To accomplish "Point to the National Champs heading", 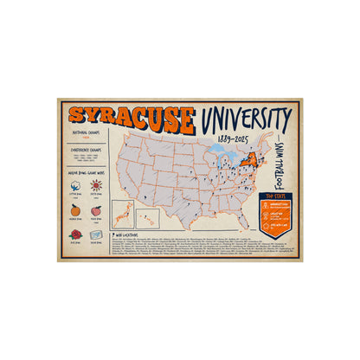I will pyautogui.click(x=86, y=132).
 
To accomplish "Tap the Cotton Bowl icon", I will pyautogui.click(x=74, y=187).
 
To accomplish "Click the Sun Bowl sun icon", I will pyautogui.click(x=96, y=186).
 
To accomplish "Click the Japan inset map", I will pyautogui.click(x=130, y=212).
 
